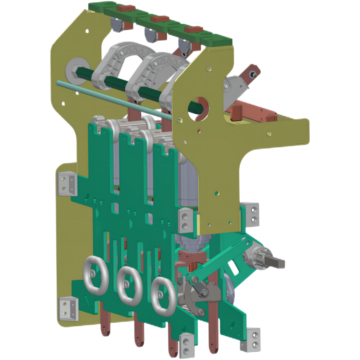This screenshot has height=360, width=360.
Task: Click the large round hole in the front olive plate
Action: coord(199,106)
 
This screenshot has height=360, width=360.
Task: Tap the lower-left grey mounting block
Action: coord(68,309)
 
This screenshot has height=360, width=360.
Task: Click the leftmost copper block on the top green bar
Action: coord(125,8)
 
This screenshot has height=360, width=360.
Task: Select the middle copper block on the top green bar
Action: coord(160,19)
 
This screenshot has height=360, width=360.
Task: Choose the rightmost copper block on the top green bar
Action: coord(194,30)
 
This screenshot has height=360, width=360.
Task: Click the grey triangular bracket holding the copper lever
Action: coord(234,86)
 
